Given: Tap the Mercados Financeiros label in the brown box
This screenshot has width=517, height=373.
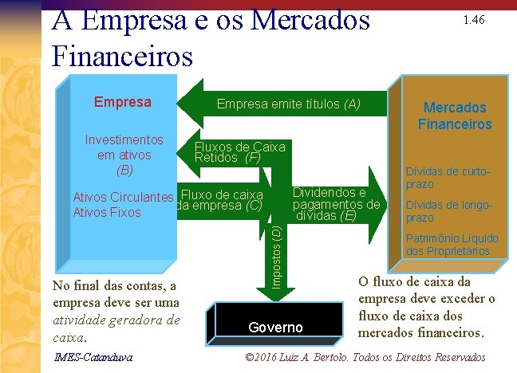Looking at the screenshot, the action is tap(455, 116).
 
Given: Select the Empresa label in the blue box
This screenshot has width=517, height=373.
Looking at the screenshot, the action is tap(122, 102).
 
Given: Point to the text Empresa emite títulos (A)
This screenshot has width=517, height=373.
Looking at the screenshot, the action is tap(289, 104).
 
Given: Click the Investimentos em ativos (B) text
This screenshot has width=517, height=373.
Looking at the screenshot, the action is tap(124, 155).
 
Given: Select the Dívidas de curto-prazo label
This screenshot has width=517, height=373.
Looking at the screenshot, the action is tap(446, 178).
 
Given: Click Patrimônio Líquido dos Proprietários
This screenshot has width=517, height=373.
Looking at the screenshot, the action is tap(452, 245).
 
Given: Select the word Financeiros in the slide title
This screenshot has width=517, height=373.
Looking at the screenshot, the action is tap(122, 56).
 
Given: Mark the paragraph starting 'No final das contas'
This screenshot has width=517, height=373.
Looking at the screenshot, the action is tap(115, 312).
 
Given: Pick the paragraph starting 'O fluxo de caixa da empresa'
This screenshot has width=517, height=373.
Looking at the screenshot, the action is tap(426, 307).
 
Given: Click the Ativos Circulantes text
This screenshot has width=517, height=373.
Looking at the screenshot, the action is tap(123, 198).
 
